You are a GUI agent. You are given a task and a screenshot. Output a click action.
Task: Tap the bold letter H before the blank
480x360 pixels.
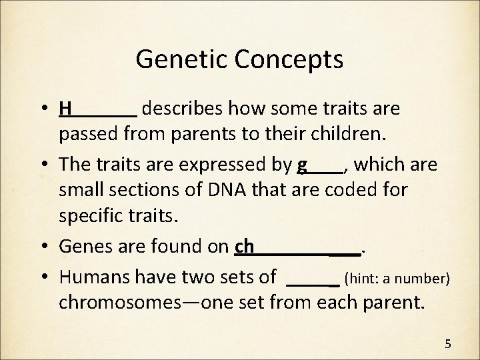tap(65, 108)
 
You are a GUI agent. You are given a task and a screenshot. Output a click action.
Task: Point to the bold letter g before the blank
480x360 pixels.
tap(303, 165)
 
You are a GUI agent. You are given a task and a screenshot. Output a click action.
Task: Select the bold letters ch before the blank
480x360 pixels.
tap(245, 247)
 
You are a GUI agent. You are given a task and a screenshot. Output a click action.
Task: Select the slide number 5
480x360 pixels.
tap(448, 344)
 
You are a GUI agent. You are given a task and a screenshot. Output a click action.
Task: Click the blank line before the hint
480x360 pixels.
tap(313, 283)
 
